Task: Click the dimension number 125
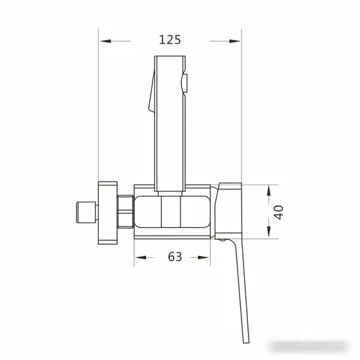pyautogui.click(x=170, y=40)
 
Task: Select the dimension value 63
pyautogui.click(x=174, y=257)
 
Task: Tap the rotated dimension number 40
pyautogui.click(x=279, y=212)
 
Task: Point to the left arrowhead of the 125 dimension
pyautogui.click(x=104, y=41)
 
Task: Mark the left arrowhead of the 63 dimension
pyautogui.click(x=139, y=258)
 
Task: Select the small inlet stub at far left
pyautogui.click(x=82, y=212)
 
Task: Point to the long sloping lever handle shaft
pyautogui.click(x=240, y=288)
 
